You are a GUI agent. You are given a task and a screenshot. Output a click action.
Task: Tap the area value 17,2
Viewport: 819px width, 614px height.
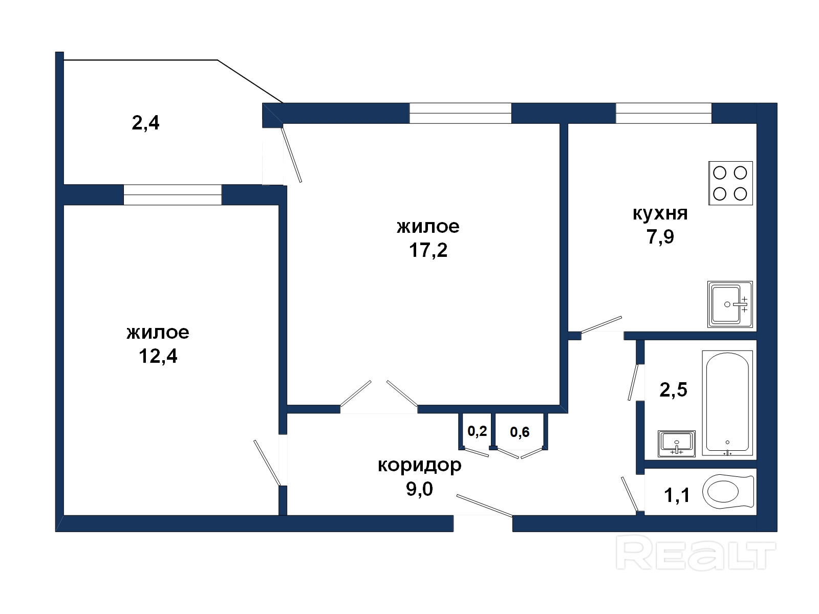tap(428, 250)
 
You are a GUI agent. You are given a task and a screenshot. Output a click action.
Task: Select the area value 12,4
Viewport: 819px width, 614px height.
tap(158, 356)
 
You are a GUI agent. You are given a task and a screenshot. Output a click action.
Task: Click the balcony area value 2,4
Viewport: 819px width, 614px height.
tap(145, 123)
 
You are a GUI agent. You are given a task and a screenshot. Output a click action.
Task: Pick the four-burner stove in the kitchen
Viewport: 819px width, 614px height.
tap(730, 183)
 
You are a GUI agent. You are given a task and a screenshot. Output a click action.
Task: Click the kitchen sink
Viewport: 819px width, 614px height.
tap(730, 304)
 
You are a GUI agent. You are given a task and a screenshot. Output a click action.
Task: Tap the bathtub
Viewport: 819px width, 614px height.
tap(727, 403)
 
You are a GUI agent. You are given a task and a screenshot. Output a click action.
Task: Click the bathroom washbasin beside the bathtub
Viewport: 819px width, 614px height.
tap(677, 444)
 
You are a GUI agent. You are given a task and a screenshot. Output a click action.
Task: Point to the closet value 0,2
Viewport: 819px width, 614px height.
tap(477, 431)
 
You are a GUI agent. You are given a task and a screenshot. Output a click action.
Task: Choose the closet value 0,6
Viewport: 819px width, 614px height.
tap(520, 432)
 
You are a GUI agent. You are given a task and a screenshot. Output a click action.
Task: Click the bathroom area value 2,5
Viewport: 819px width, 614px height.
tap(673, 390)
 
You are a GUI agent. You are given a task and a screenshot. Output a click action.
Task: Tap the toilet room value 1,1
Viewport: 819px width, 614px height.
tap(677, 496)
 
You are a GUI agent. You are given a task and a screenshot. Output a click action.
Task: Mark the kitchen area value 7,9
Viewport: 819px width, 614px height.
tap(660, 237)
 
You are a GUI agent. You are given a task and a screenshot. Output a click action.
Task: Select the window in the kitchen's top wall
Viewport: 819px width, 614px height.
tap(663, 113)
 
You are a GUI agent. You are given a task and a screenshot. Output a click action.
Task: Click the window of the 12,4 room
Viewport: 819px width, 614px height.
tap(173, 194)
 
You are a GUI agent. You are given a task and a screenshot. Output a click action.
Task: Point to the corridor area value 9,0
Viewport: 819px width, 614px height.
tap(419, 489)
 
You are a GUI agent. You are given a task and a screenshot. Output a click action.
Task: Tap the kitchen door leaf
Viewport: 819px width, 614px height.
tap(601, 325)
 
